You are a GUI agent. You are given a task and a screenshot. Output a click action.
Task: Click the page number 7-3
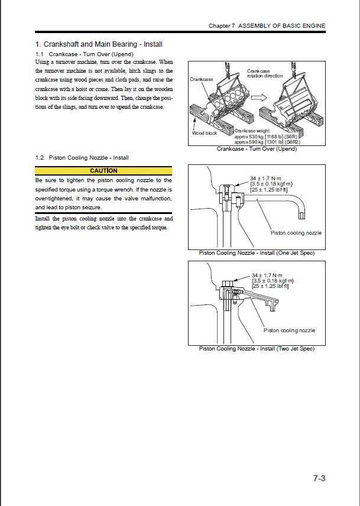[x=319, y=479]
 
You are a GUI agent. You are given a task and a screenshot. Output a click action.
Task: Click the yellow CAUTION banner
[x=103, y=171]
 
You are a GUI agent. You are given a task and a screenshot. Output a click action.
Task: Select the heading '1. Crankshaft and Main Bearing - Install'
[x=99, y=44]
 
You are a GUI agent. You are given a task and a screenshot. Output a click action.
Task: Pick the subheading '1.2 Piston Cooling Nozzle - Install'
[x=82, y=158]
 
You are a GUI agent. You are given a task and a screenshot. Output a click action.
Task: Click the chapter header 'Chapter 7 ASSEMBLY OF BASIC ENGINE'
[x=267, y=26]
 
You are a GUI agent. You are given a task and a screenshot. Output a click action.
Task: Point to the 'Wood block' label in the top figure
[x=205, y=133]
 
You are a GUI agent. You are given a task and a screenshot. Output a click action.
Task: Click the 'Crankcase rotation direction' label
[x=264, y=73]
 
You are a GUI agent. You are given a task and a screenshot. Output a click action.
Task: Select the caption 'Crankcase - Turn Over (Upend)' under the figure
[x=257, y=149]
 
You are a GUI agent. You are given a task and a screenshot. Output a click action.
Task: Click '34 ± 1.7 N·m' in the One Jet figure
[x=267, y=177]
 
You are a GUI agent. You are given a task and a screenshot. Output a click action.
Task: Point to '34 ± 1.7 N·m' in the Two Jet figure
[x=267, y=275]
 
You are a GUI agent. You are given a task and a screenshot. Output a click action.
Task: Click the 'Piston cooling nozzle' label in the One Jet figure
[x=296, y=233]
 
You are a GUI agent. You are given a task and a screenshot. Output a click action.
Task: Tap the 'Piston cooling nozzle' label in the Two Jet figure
[x=289, y=330]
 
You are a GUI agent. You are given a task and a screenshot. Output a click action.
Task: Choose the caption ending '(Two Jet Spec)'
[x=257, y=349]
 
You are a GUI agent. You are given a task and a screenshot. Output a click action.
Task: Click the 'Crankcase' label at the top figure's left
[x=201, y=79]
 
